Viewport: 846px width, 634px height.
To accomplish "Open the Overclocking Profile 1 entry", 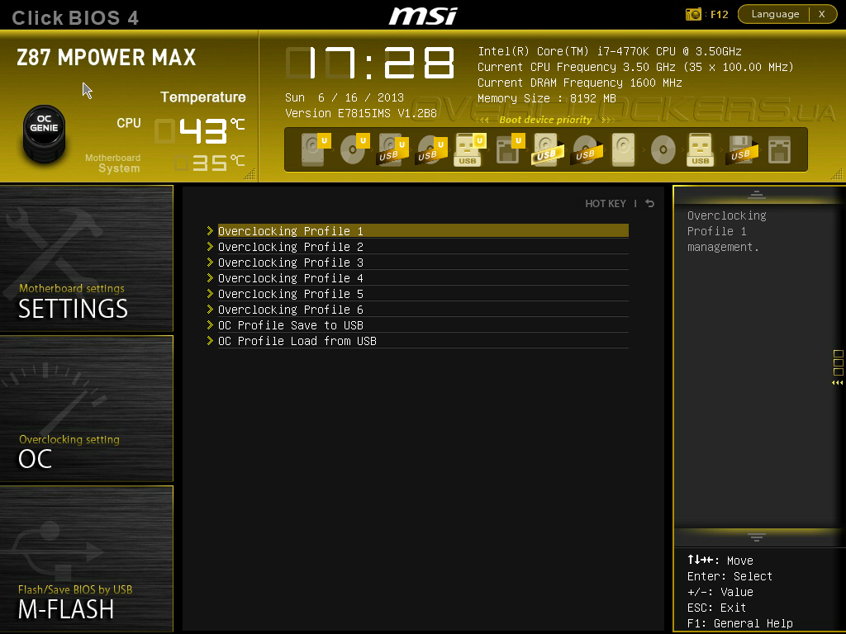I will tap(291, 231).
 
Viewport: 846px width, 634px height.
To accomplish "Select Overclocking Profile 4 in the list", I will tap(291, 278).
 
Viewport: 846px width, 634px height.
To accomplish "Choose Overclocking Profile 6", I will tap(291, 310).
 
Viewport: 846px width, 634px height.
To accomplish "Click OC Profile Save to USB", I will tap(291, 325).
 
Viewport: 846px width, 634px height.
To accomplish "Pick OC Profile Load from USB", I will tap(297, 341).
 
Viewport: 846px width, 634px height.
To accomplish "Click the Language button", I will tap(775, 14).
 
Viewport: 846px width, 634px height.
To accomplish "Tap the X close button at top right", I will tap(822, 14).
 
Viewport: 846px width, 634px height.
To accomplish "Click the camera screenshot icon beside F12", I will tap(694, 14).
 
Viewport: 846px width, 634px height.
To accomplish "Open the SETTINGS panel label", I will tap(73, 309).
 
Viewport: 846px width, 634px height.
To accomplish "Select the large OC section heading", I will tap(36, 459).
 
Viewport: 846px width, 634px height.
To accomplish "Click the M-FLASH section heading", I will tap(66, 610).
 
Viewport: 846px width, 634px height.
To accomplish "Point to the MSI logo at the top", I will tap(423, 15).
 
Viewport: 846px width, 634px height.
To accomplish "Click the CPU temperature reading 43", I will tap(203, 130).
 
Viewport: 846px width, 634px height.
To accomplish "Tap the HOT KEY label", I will tap(606, 204).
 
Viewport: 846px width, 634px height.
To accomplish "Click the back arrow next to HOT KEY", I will tap(650, 204).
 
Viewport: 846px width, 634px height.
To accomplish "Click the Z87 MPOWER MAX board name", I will tap(107, 58).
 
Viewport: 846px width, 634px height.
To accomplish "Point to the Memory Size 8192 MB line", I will tap(547, 98).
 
